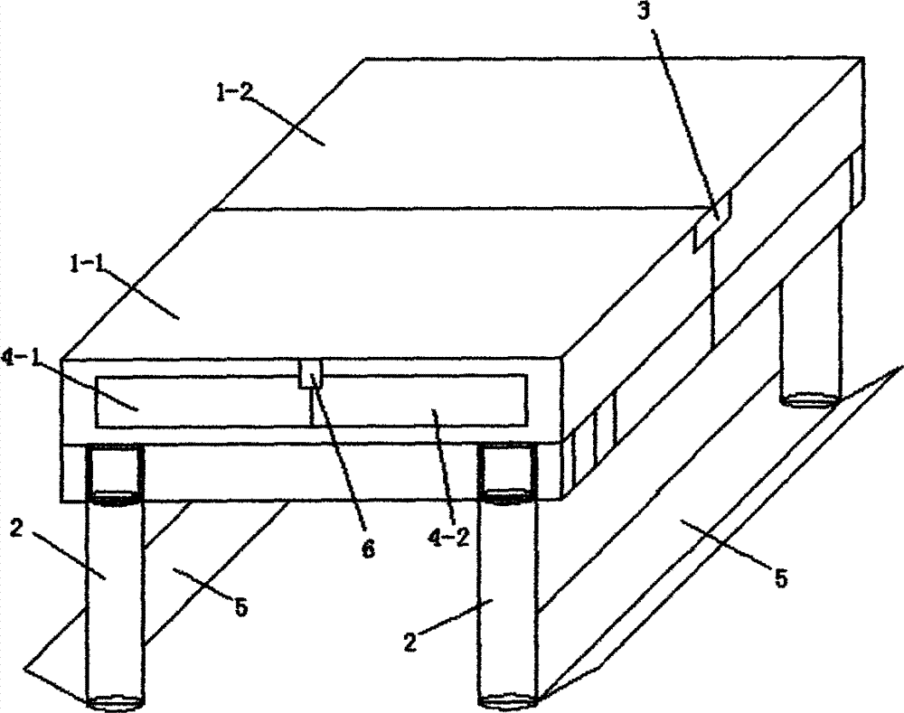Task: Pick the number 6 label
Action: tap(368, 549)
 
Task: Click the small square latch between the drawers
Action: tap(310, 373)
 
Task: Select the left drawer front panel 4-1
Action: tap(199, 401)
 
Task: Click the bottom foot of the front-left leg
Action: tap(114, 701)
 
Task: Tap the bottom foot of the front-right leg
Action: tap(510, 700)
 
